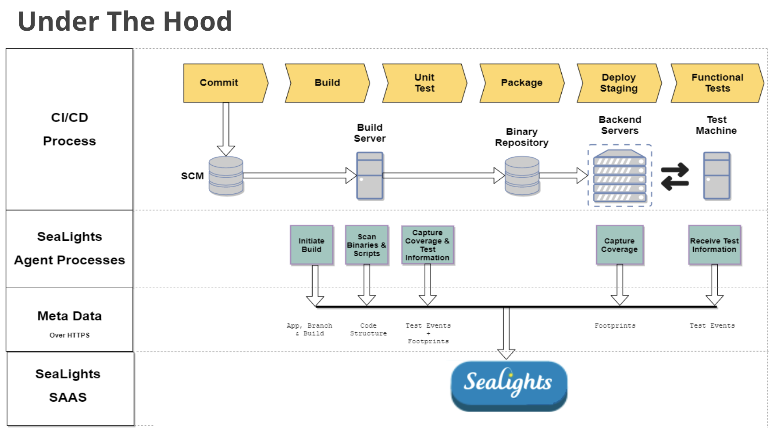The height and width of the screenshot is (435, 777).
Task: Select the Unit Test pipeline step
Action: point(424,83)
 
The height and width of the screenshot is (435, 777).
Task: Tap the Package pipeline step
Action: point(522,83)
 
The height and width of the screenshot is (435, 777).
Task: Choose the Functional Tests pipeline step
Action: point(717,83)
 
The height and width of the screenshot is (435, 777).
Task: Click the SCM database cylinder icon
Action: point(226,176)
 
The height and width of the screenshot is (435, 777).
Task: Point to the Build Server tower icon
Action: point(370,176)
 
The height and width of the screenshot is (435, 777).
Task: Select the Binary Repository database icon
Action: point(522,176)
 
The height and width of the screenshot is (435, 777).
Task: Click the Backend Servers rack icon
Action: point(620,176)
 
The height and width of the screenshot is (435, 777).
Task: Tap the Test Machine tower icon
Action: point(716,176)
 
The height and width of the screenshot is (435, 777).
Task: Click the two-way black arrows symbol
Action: point(675,177)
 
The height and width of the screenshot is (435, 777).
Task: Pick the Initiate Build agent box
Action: point(311,245)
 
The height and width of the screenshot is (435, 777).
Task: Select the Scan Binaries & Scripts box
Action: point(367,245)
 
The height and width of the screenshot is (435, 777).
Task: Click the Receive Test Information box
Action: point(714,245)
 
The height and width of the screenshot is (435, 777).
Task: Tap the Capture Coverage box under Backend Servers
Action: point(619,245)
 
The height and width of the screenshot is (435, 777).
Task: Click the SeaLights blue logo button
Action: point(509,385)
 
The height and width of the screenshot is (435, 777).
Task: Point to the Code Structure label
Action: point(368,329)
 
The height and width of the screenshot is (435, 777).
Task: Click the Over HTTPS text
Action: point(69,335)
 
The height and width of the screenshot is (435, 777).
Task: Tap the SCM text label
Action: point(192,176)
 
